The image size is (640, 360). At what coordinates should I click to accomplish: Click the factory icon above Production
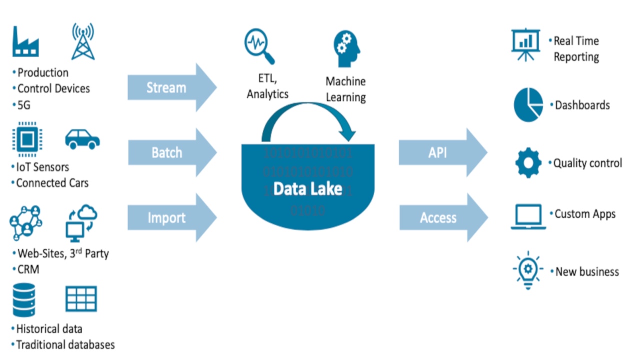(x=26, y=42)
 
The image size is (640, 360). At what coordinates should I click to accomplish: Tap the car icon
(x=82, y=139)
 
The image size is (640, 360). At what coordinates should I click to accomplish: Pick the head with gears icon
(x=346, y=48)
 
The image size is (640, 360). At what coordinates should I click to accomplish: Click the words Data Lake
(x=308, y=189)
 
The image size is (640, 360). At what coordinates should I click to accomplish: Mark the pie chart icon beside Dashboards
(x=528, y=104)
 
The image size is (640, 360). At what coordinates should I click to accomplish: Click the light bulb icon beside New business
(x=528, y=272)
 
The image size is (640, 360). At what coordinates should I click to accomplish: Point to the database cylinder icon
(x=24, y=300)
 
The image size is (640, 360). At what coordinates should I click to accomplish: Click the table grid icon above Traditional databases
(x=81, y=299)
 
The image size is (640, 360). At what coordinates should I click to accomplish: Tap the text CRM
(x=28, y=270)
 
